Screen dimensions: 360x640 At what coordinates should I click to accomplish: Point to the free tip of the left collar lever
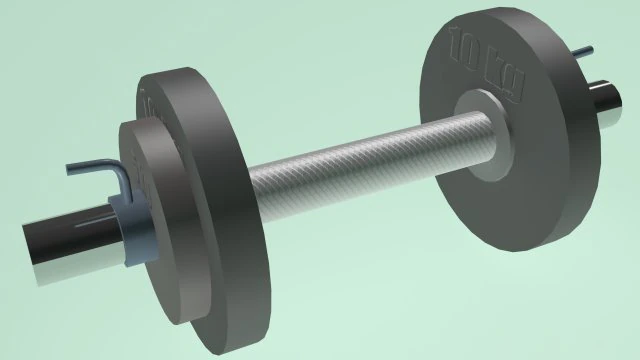coord(70,168)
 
